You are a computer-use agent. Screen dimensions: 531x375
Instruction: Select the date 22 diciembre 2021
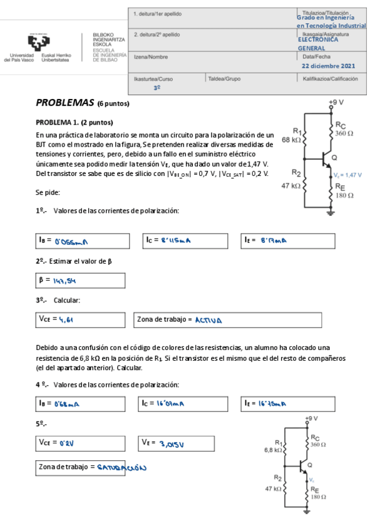328,66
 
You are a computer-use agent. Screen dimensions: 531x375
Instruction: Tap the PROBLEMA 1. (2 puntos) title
74,122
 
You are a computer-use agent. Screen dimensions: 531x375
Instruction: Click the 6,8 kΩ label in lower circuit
274,450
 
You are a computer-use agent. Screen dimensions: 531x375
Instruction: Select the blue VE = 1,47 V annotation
347,175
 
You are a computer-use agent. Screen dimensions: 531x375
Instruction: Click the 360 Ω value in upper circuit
344,133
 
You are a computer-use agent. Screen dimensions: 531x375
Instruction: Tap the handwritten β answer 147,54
65,281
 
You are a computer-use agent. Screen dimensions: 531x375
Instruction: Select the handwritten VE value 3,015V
179,444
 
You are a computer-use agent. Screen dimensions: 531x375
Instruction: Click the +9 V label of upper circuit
336,101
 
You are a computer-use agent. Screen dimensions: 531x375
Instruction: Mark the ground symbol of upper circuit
331,214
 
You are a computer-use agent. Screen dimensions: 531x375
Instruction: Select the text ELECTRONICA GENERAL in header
317,44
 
